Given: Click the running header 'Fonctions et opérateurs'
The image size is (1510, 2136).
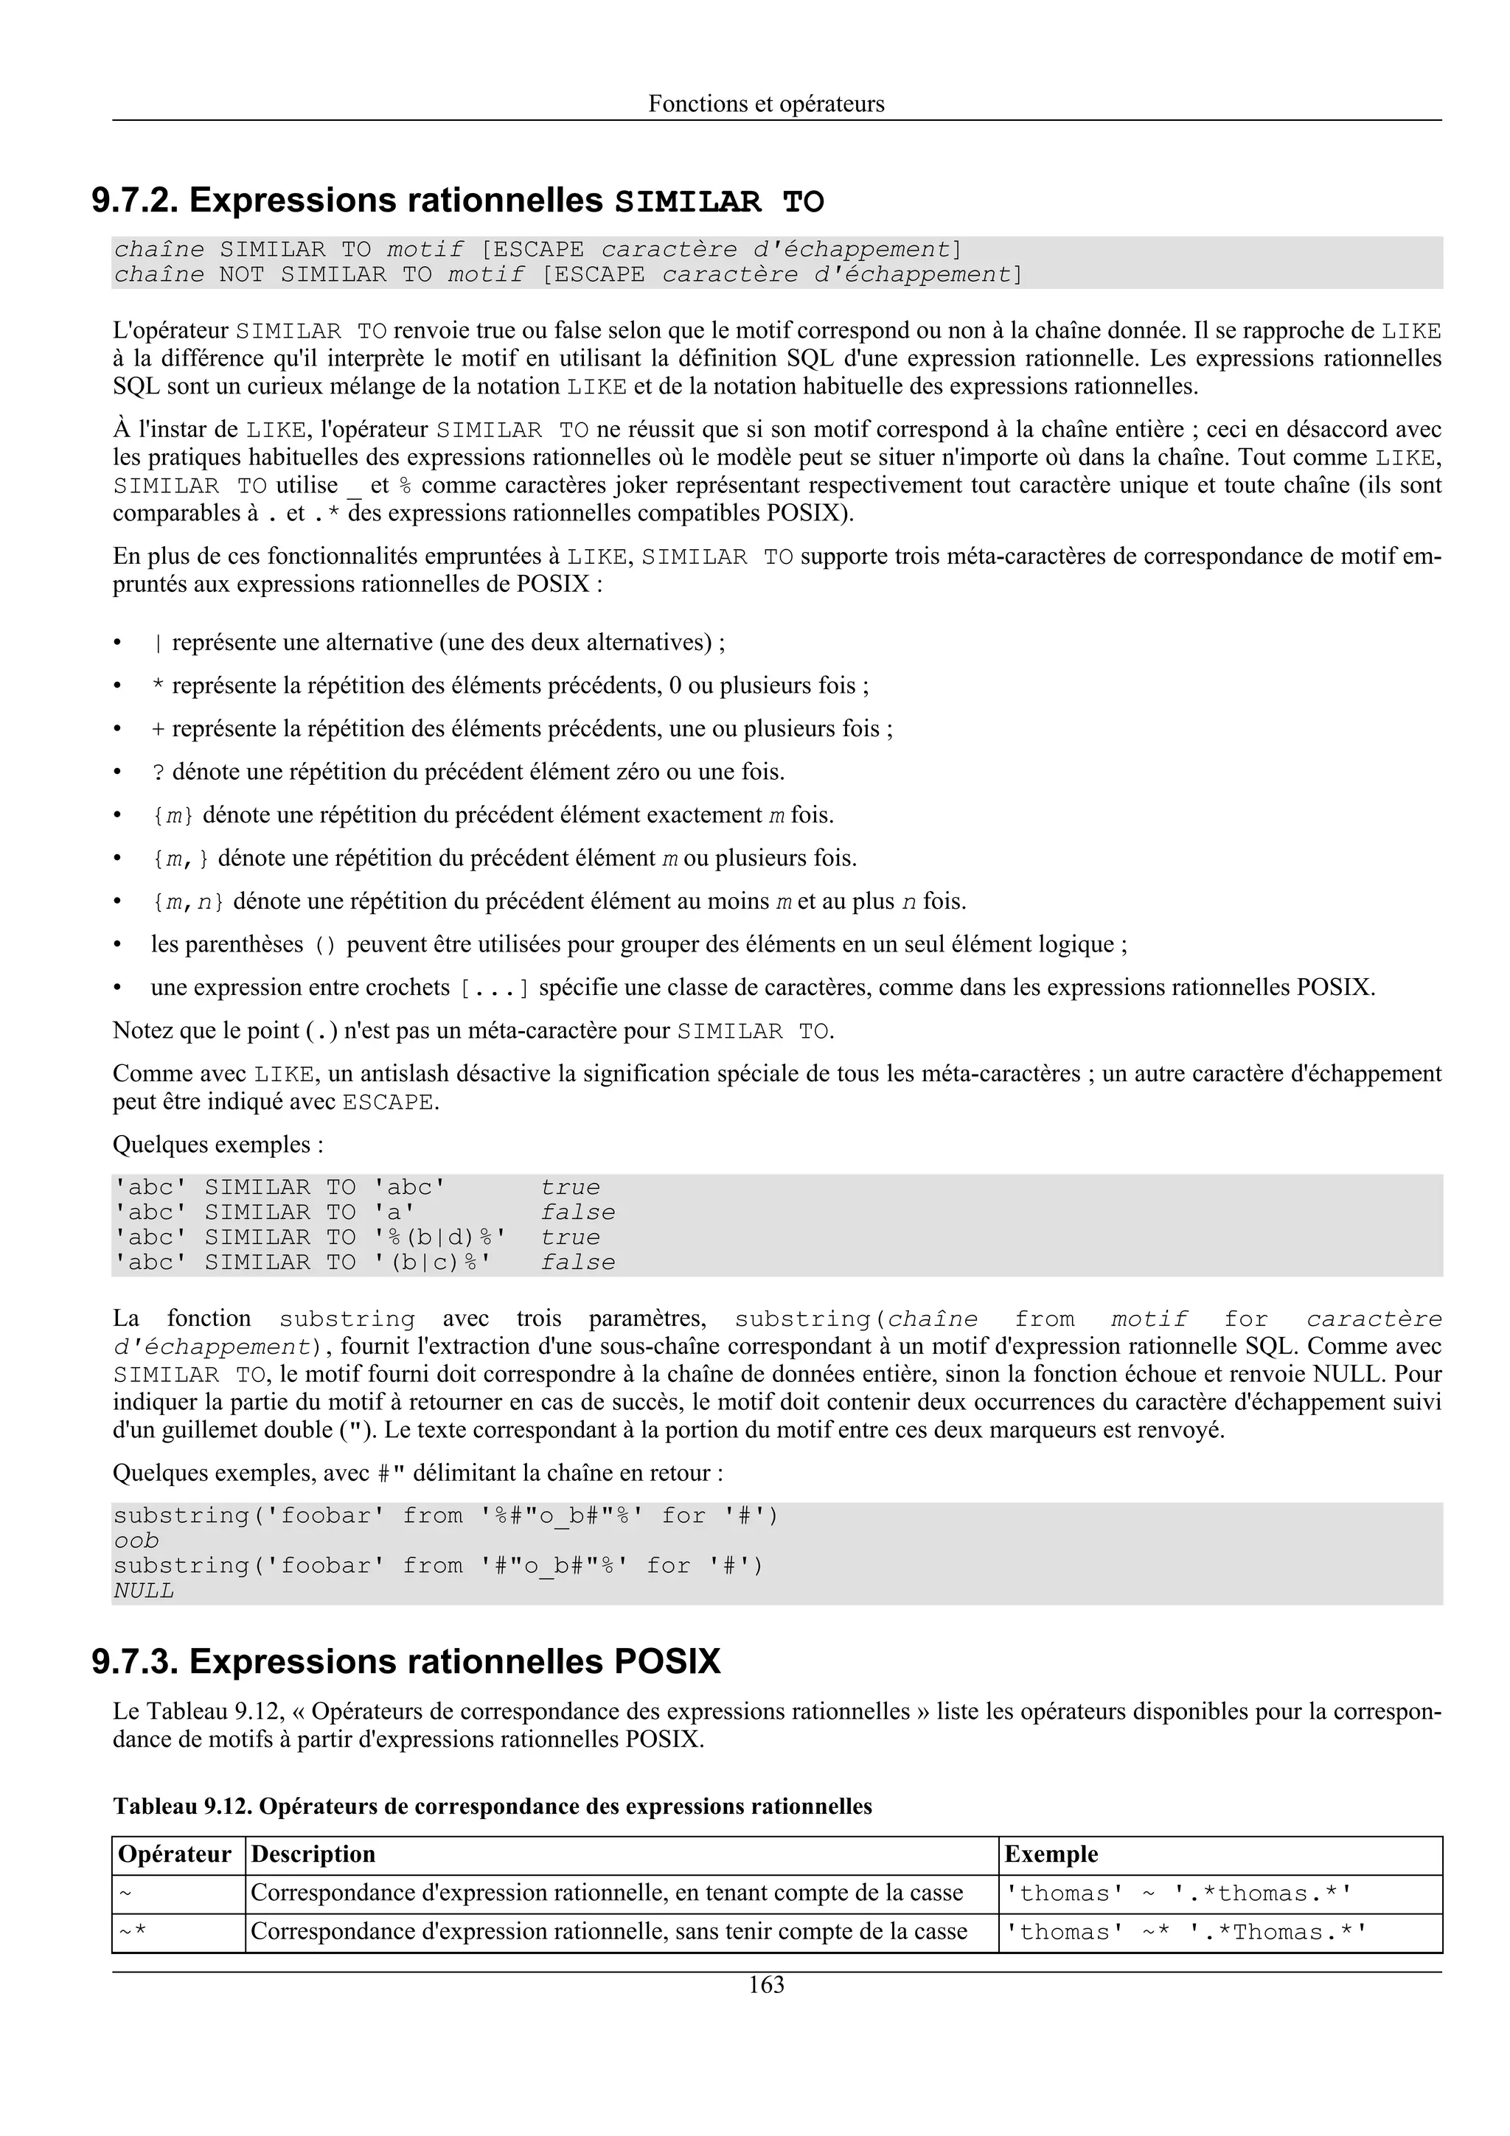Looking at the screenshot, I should (766, 103).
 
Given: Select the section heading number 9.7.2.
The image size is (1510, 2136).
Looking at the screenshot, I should (135, 201).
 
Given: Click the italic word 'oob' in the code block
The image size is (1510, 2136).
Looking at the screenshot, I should (136, 1540).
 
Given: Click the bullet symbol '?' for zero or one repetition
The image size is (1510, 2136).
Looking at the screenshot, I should (159, 772).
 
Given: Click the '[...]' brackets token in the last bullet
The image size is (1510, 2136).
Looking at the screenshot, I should (494, 988).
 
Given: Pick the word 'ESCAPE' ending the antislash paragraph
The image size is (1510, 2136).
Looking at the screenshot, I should (387, 1103).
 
